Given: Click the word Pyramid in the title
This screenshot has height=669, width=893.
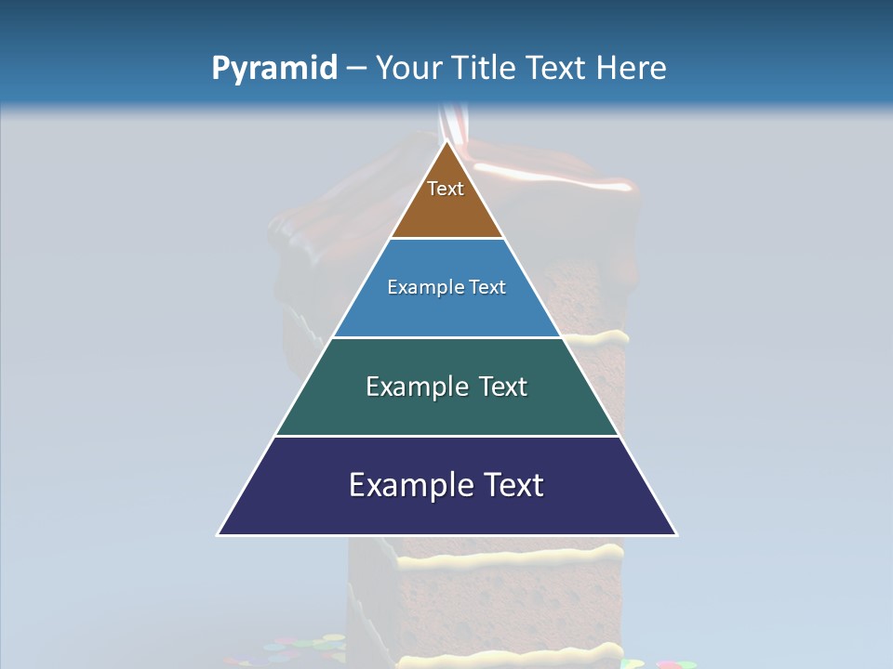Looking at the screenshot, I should click(x=274, y=68).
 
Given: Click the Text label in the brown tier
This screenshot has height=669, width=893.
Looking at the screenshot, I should click(x=446, y=189).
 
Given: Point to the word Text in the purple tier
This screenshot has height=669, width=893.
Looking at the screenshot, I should click(x=513, y=485).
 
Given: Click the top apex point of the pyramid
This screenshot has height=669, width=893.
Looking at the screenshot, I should click(x=446, y=140).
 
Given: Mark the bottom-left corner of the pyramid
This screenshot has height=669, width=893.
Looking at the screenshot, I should click(x=219, y=534).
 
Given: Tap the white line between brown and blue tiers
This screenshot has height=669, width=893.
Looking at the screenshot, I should click(x=446, y=239).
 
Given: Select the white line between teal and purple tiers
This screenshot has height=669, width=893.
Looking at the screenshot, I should click(x=446, y=436).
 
